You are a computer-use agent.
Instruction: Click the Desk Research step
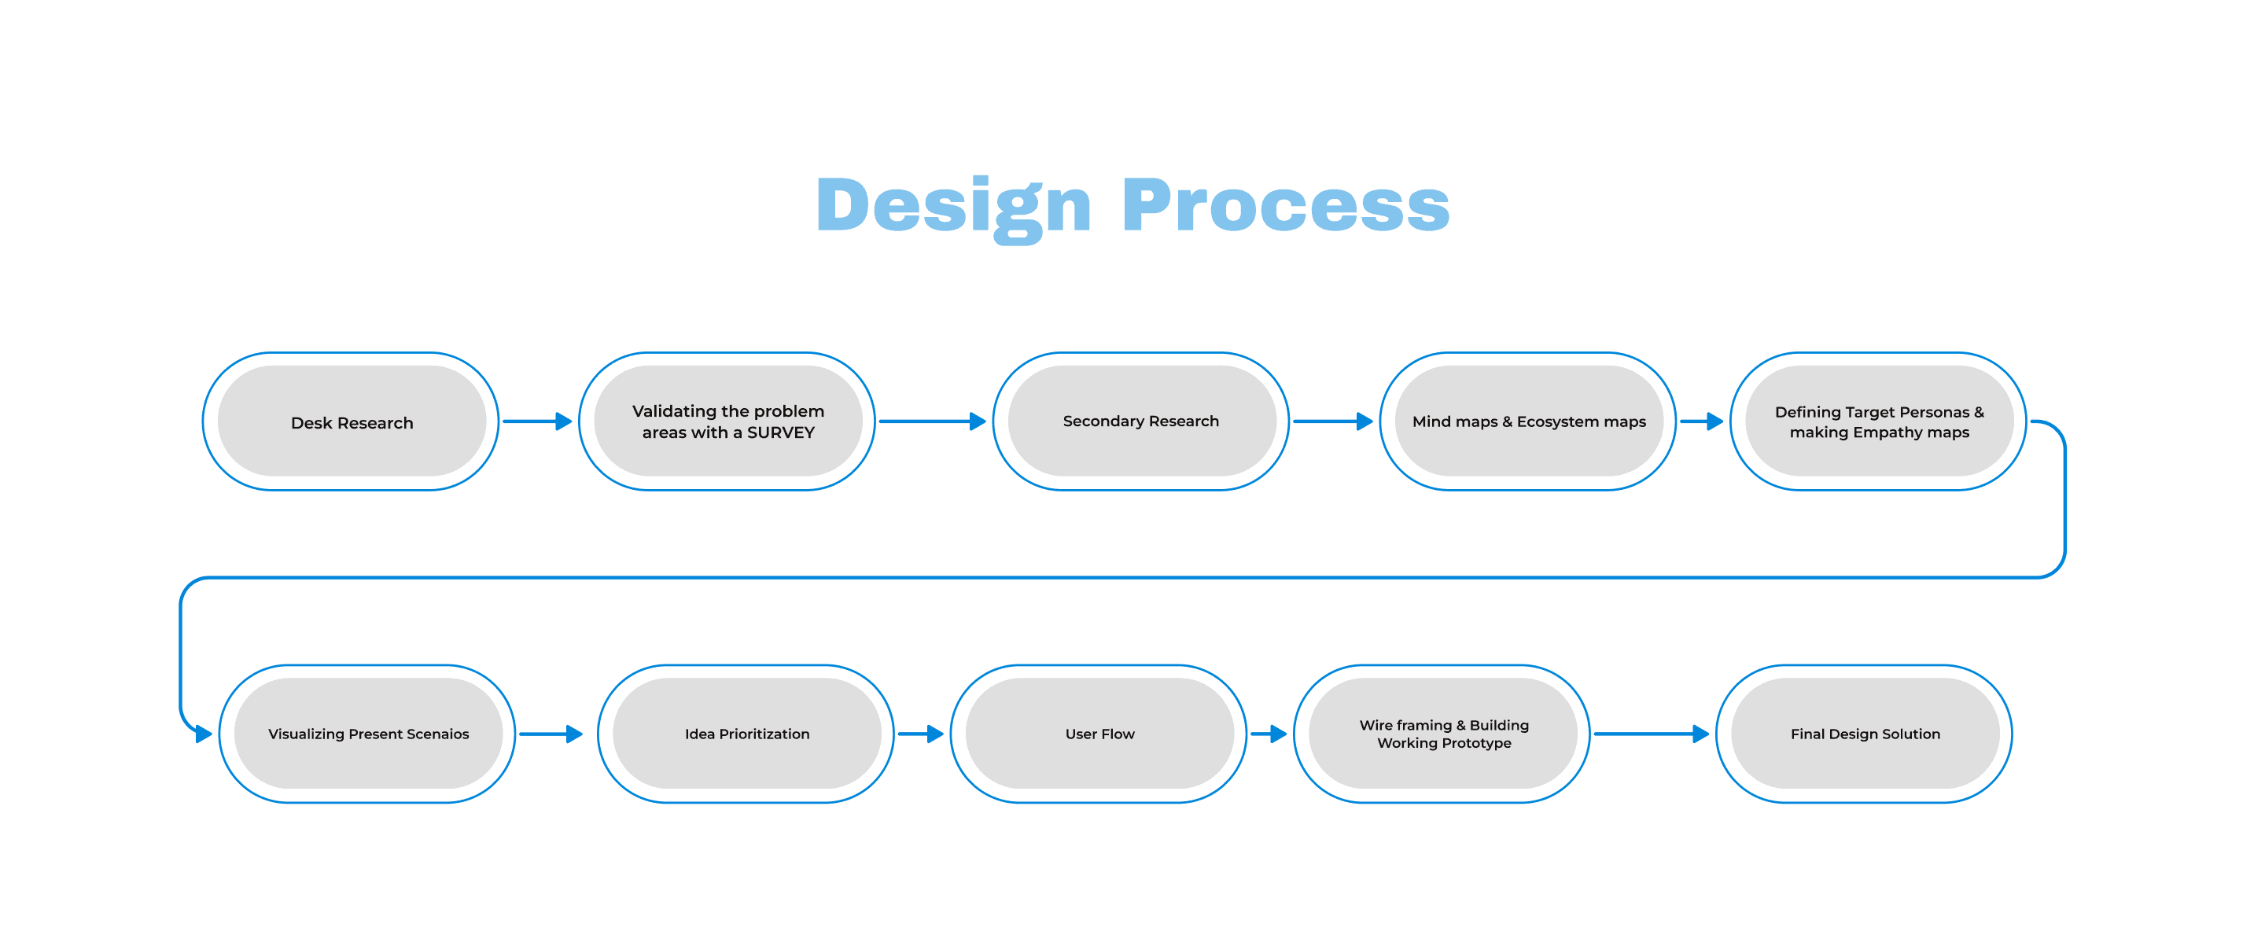click(352, 422)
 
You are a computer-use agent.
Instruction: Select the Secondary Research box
click(1140, 421)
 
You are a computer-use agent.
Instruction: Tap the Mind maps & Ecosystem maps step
click(1528, 421)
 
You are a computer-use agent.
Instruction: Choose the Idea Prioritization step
click(746, 733)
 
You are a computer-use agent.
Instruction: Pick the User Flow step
click(1099, 733)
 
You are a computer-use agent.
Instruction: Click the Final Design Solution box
click(1864, 733)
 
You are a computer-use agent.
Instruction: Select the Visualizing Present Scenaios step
click(367, 733)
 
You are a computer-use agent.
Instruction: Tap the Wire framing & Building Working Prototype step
click(1443, 733)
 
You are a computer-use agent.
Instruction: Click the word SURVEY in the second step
click(781, 432)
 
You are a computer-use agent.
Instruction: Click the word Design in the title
click(953, 206)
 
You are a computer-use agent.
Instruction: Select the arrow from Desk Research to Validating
click(537, 421)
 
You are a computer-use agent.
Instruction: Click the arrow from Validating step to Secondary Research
click(932, 421)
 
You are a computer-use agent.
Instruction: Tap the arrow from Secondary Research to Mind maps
click(1332, 421)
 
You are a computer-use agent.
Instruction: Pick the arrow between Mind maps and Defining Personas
click(1701, 421)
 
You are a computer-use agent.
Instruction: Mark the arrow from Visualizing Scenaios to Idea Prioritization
click(551, 733)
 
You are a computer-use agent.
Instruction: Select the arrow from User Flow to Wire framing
click(1269, 733)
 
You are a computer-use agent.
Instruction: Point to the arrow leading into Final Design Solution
click(1652, 733)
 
